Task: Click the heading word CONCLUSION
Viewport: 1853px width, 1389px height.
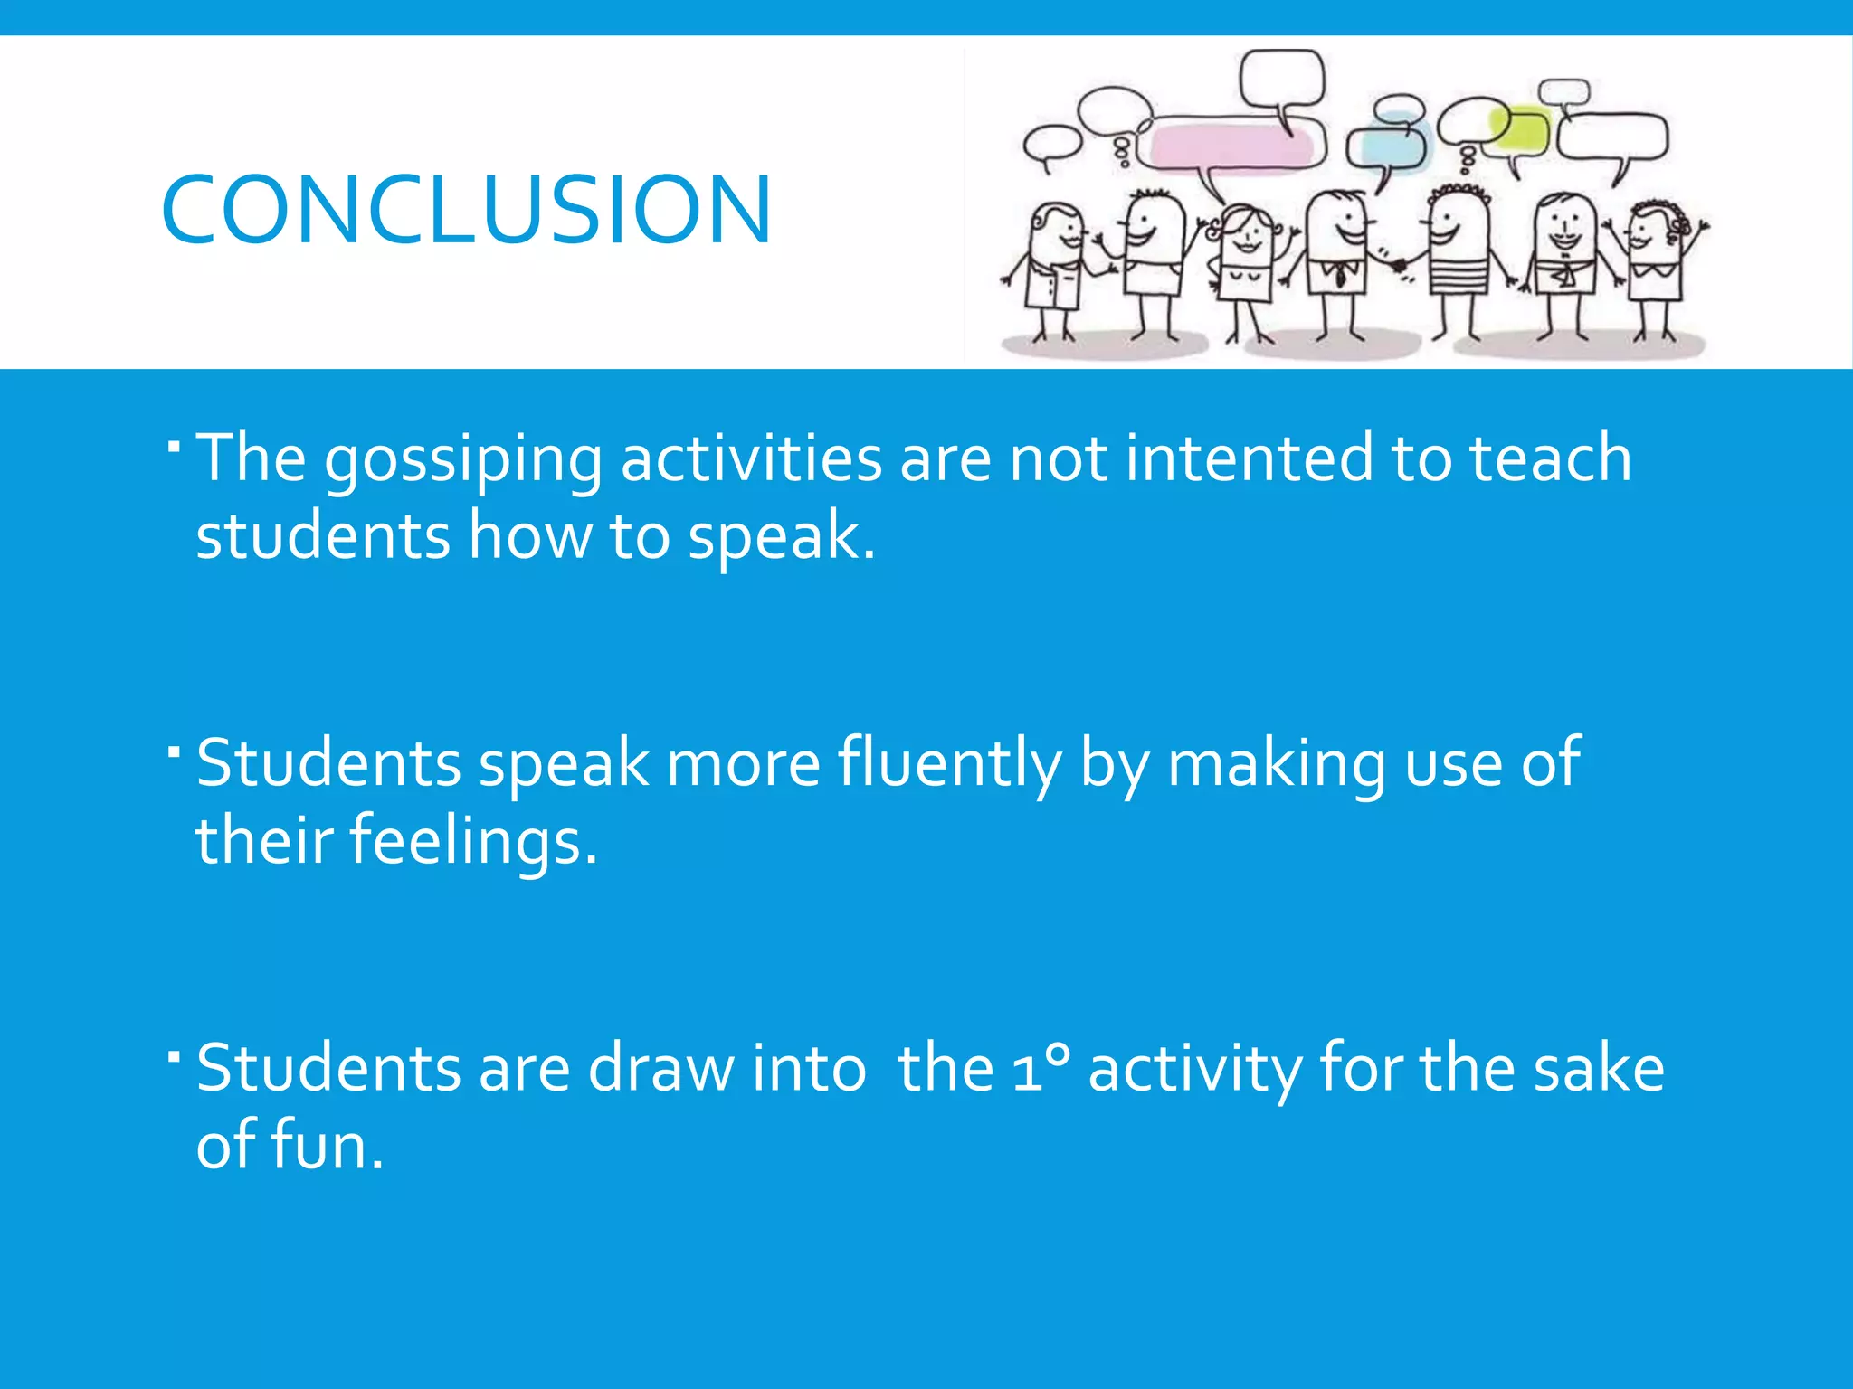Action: click(x=465, y=210)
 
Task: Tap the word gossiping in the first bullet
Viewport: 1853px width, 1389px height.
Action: click(x=462, y=459)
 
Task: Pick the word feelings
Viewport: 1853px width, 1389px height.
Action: click(x=473, y=841)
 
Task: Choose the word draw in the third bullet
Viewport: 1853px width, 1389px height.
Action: click(x=661, y=1068)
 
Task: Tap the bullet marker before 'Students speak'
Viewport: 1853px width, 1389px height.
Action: click(x=175, y=750)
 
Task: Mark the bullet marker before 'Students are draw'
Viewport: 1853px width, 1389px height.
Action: click(x=175, y=1054)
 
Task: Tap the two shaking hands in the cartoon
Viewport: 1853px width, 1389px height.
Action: click(x=1399, y=265)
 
